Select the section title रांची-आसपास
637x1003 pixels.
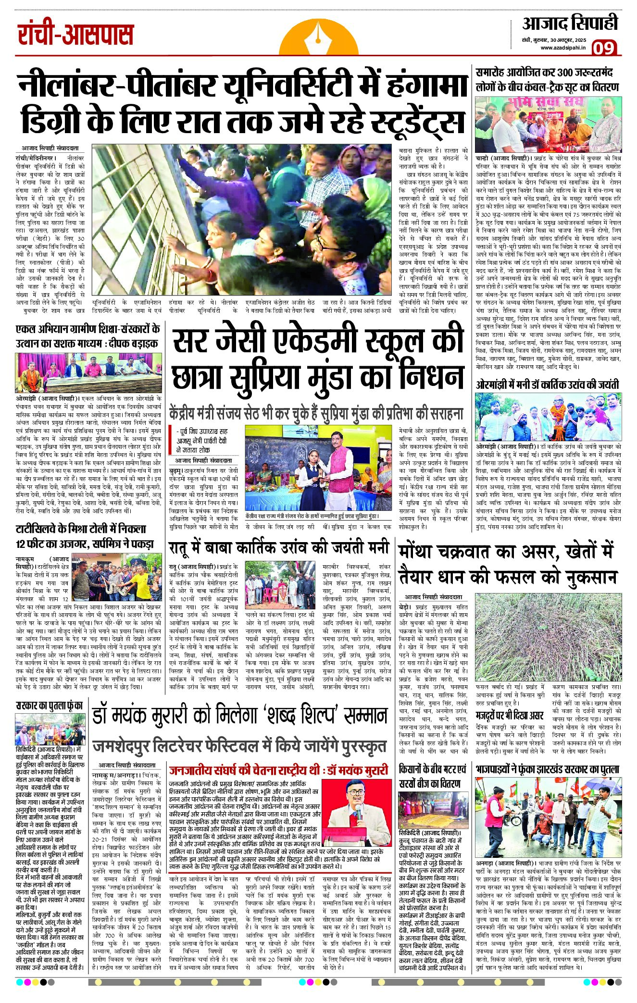point(75,36)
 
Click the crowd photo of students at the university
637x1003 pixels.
point(244,219)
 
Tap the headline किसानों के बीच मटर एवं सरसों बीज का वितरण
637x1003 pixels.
point(433,776)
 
